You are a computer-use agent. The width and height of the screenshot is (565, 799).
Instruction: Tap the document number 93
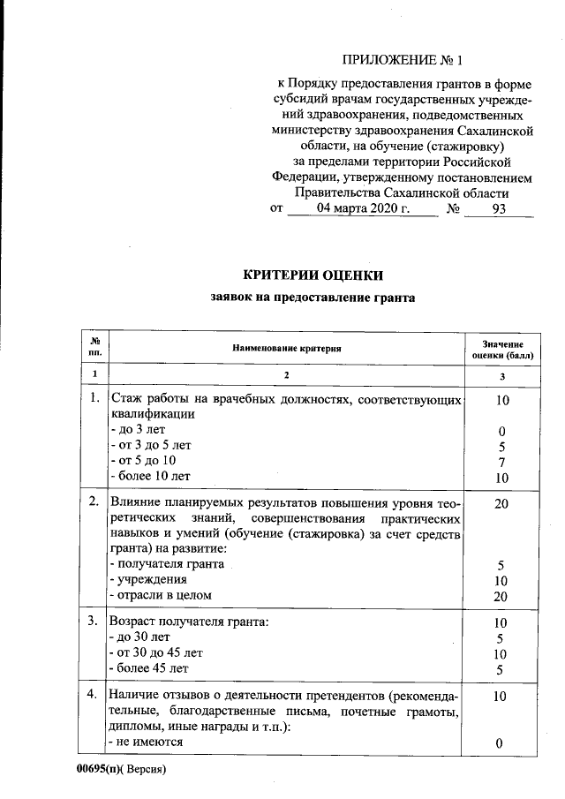coord(499,209)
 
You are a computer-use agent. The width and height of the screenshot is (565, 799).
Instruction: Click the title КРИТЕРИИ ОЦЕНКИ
coord(313,275)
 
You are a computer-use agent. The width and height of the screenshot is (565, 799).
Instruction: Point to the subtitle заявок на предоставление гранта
coord(313,298)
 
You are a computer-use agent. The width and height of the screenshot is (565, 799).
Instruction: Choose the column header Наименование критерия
coord(286,349)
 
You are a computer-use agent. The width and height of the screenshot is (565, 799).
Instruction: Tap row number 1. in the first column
coord(94,399)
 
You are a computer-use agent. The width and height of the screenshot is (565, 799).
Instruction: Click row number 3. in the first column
coord(94,622)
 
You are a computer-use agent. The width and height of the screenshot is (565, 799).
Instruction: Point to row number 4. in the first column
coord(94,695)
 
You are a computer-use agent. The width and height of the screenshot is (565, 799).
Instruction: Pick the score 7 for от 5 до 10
coord(500,461)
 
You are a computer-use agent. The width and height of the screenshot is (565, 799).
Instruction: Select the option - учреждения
coord(147,580)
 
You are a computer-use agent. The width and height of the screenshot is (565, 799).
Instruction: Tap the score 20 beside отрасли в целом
coord(500,596)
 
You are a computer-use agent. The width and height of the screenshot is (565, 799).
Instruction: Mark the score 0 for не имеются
coord(500,743)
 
